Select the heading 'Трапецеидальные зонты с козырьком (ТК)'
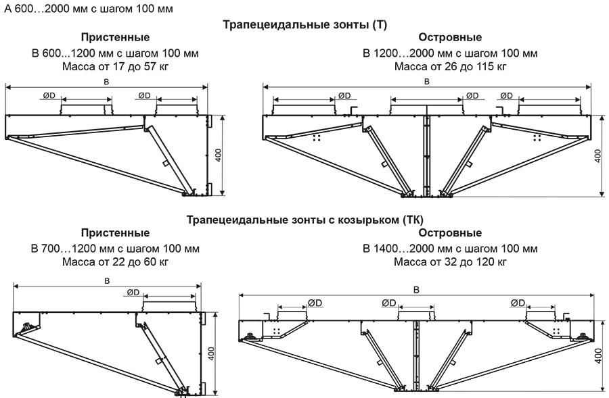304,220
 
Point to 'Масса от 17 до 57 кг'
115,67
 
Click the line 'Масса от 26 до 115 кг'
450,67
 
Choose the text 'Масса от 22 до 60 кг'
115,262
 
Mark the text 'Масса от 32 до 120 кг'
450,262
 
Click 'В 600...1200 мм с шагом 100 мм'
115,53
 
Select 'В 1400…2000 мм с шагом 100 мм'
450,248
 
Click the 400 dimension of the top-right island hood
597,155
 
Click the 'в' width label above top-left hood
106,81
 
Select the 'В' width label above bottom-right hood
416,289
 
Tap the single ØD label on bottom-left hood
133,293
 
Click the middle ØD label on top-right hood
472,96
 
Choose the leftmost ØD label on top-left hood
49,96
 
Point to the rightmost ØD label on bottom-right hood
519,303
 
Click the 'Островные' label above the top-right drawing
450,38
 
